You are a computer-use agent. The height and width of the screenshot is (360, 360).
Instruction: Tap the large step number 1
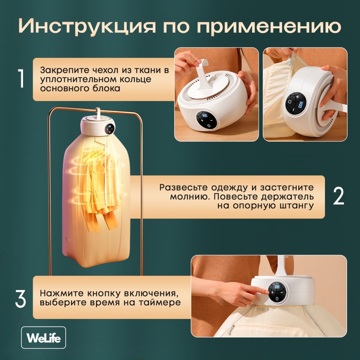point(21,79)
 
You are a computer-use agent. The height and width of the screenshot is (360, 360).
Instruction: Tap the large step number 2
point(339,196)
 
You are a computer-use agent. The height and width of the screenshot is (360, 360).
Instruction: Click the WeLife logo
point(43,337)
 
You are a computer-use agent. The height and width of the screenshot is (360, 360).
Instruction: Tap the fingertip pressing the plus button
point(266,292)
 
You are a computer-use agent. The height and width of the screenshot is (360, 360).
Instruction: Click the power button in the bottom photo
point(277,298)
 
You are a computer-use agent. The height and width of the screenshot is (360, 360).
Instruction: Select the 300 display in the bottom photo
point(277,287)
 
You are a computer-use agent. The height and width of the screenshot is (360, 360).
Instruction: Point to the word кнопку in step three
point(104,293)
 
